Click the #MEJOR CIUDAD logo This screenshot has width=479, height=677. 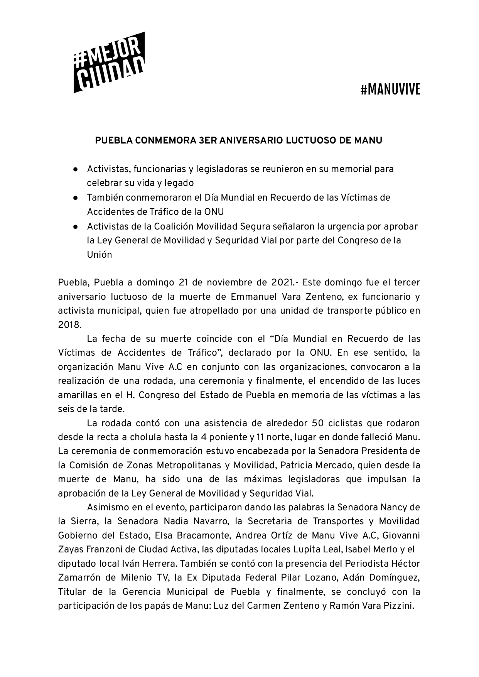(x=109, y=63)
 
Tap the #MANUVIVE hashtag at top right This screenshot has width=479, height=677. (x=390, y=90)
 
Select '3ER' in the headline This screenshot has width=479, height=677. (x=207, y=140)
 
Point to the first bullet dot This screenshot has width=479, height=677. (x=76, y=169)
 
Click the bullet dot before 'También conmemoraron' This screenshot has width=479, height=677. (x=76, y=198)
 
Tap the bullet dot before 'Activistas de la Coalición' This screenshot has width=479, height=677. (x=76, y=226)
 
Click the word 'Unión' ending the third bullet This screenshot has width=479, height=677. (x=99, y=255)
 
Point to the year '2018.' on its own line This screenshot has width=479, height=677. (x=70, y=325)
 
